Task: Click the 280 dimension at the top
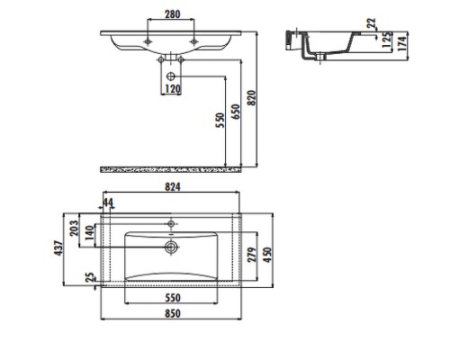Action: click(173, 14)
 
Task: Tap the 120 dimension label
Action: click(173, 89)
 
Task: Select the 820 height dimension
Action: click(252, 98)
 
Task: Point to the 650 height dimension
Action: click(237, 112)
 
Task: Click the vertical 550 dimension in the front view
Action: click(220, 120)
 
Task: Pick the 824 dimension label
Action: click(173, 187)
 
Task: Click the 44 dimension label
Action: click(108, 202)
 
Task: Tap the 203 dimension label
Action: click(74, 228)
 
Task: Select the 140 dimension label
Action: click(90, 233)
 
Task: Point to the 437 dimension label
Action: click(58, 247)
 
